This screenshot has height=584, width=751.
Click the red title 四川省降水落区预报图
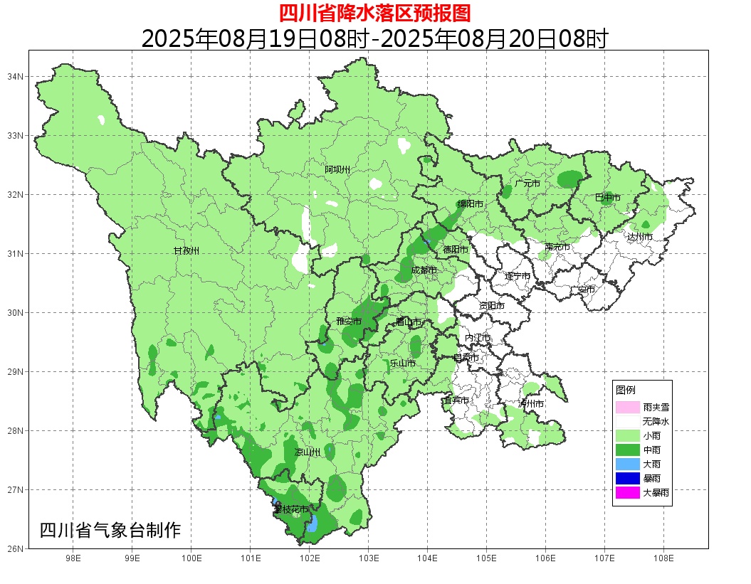[374, 13]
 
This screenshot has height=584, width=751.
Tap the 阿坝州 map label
[337, 169]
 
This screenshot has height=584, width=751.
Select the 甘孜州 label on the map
[187, 250]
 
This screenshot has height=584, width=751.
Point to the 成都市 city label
[424, 270]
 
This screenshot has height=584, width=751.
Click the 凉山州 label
[308, 452]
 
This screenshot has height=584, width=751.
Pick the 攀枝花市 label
[291, 509]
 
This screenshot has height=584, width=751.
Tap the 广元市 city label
[527, 184]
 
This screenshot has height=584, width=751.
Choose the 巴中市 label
[607, 198]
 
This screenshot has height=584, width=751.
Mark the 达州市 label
[640, 236]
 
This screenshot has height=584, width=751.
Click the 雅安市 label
[349, 322]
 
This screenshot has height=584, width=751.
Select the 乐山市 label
[402, 363]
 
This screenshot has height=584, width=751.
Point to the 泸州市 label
[531, 403]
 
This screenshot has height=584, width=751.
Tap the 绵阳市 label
[470, 204]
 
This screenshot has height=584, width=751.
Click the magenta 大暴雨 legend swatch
[627, 492]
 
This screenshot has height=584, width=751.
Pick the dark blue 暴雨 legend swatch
[627, 478]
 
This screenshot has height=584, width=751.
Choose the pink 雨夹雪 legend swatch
[627, 408]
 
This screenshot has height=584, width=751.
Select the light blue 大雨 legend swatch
[627, 464]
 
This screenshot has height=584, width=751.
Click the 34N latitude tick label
[16, 76]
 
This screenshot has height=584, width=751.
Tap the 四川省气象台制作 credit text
[110, 531]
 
